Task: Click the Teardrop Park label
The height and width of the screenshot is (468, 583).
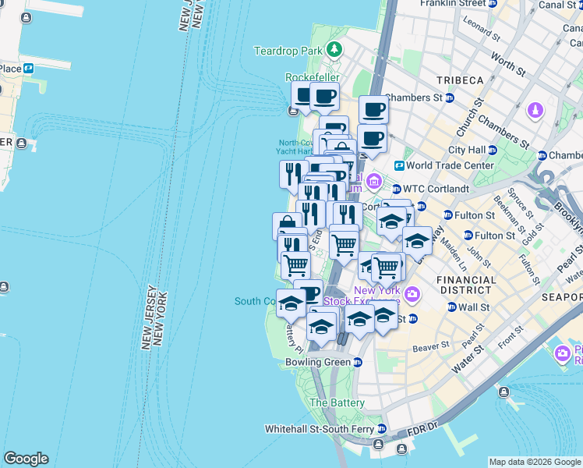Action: pyautogui.click(x=288, y=51)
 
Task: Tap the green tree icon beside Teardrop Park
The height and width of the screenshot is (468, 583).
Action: pyautogui.click(x=334, y=50)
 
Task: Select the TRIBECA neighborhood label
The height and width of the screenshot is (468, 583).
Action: pyautogui.click(x=460, y=80)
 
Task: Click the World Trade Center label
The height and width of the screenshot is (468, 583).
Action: pyautogui.click(x=450, y=165)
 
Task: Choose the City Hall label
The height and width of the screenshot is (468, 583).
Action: pyautogui.click(x=467, y=150)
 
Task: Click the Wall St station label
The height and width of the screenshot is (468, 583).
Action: pyautogui.click(x=473, y=307)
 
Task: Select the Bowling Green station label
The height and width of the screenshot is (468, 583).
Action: pyautogui.click(x=315, y=362)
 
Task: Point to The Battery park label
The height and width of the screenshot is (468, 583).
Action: pyautogui.click(x=337, y=402)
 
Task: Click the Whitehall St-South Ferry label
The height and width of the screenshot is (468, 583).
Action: pyautogui.click(x=320, y=429)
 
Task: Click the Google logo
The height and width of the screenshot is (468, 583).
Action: pyautogui.click(x=26, y=459)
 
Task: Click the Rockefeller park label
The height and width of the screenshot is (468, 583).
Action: pyautogui.click(x=309, y=77)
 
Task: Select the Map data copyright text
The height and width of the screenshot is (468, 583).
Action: pyautogui.click(x=534, y=462)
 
